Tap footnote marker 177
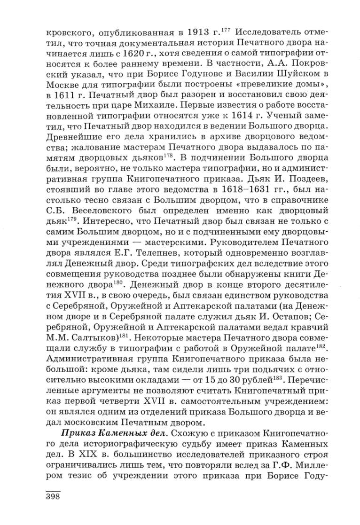tap(227, 31)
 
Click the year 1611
tap(68, 95)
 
